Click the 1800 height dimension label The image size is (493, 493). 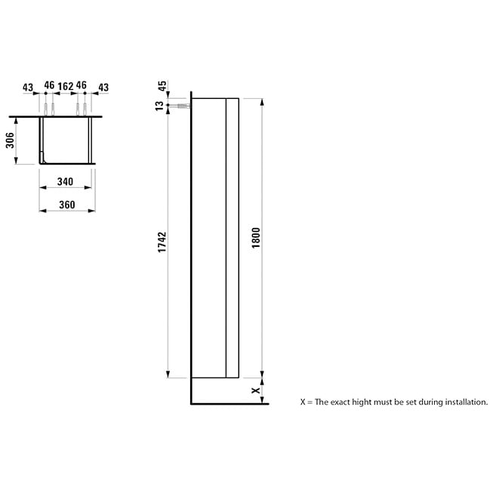click(x=256, y=238)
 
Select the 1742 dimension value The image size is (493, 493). click(x=162, y=242)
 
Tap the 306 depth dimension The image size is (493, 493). click(x=10, y=140)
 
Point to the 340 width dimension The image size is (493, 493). click(x=65, y=181)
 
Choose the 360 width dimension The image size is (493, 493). click(x=67, y=205)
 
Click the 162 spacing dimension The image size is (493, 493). click(x=66, y=86)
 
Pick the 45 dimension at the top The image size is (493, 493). click(x=162, y=86)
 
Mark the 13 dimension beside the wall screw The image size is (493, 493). click(x=160, y=106)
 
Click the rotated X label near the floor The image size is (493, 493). click(x=256, y=390)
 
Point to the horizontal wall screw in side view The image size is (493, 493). click(x=183, y=106)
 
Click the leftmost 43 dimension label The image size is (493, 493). click(x=28, y=87)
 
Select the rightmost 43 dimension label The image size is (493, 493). click(x=103, y=87)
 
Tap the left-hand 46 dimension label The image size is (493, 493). click(x=49, y=85)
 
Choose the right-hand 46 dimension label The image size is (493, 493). click(x=81, y=85)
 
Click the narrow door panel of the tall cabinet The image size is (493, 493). click(x=233, y=238)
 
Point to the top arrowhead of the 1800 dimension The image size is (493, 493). click(x=262, y=102)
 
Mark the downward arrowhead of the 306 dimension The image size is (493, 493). click(x=16, y=161)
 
